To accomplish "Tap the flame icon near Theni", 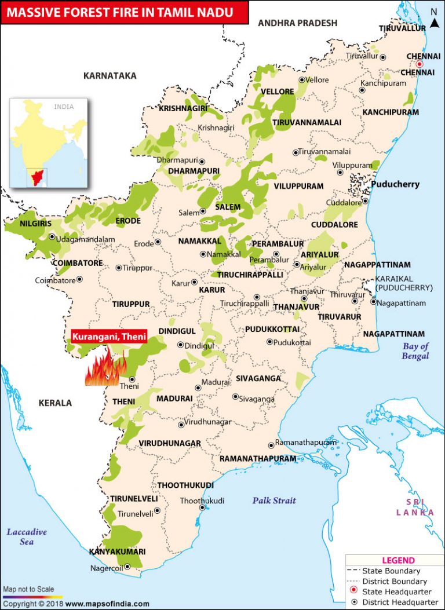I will pyautogui.click(x=105, y=368).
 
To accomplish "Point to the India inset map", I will pyautogui.click(x=48, y=143).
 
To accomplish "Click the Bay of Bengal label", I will pyautogui.click(x=416, y=351).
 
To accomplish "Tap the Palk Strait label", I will pyautogui.click(x=273, y=501).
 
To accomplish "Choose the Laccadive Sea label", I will pyautogui.click(x=27, y=537).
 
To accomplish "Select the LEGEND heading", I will pyautogui.click(x=398, y=560).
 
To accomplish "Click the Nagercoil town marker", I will pyautogui.click(x=127, y=568).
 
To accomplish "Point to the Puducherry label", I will pyautogui.click(x=395, y=185).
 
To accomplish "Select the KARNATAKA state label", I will pyautogui.click(x=110, y=76).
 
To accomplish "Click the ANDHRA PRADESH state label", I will pyautogui.click(x=297, y=23).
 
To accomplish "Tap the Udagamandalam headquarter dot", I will pyautogui.click(x=52, y=236).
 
